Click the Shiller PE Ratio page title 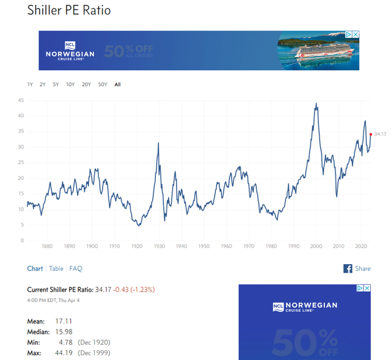coord(69,11)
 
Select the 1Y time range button coord(30,84)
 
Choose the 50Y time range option coord(103,84)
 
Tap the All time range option coord(117,84)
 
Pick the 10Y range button coord(70,84)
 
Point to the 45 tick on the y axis coord(21,100)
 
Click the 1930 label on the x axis coord(159,247)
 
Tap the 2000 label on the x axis coord(316,247)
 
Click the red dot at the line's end coord(370,134)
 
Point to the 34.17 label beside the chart coord(381,134)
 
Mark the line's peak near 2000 coord(316,104)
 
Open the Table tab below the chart coord(56,268)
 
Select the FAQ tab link coord(76,268)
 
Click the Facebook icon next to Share coord(348,268)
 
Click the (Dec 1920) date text coord(94,342)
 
